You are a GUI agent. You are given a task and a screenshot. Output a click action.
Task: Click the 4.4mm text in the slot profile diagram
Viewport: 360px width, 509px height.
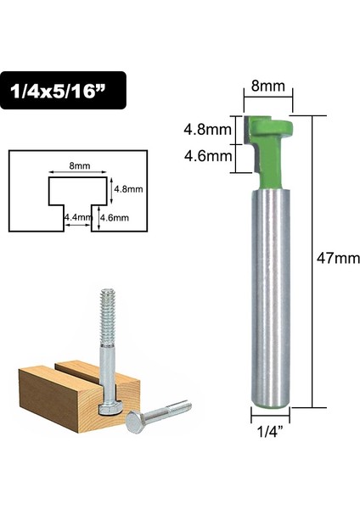[x=76, y=217]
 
